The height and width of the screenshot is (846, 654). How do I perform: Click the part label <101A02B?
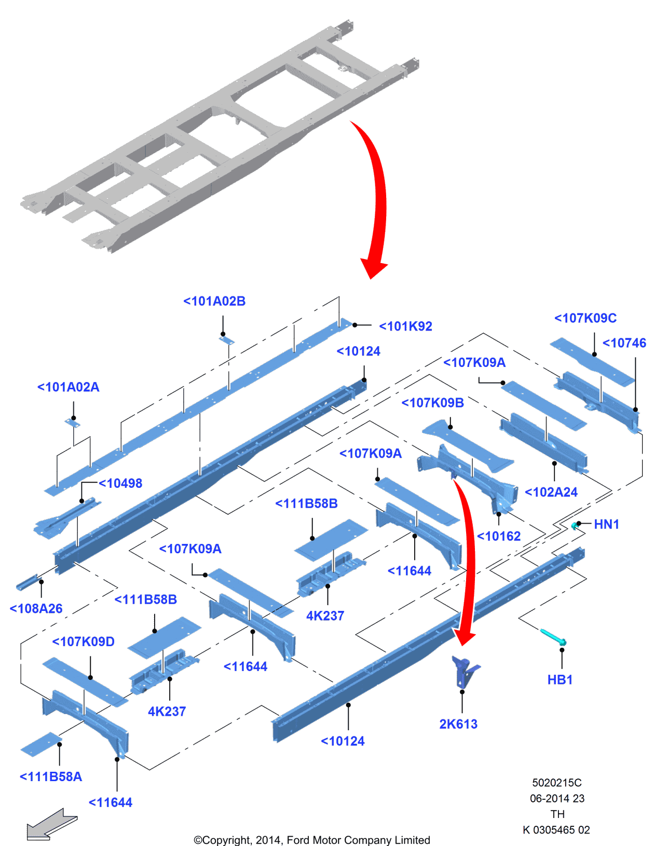(214, 302)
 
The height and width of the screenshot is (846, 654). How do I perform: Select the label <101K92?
(405, 326)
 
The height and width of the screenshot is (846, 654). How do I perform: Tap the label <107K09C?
(585, 318)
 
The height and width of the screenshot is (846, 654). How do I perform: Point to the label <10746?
(624, 343)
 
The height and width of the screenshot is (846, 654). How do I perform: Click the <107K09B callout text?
(432, 403)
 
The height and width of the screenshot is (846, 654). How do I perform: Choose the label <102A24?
(551, 492)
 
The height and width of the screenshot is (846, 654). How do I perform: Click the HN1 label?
(606, 524)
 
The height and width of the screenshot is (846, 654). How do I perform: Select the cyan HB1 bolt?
(553, 636)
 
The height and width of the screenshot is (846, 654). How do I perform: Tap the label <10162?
(498, 536)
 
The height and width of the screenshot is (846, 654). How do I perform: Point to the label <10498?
(120, 483)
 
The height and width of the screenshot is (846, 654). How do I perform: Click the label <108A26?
(36, 609)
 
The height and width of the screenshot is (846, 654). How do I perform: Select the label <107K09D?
(83, 642)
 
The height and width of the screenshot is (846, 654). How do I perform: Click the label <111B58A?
(50, 777)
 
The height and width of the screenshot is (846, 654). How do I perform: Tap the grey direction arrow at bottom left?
(51, 824)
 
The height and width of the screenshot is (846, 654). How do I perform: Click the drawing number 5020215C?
(556, 783)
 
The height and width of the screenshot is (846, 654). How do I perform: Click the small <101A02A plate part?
(73, 423)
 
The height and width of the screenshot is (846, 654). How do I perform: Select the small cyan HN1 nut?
(575, 526)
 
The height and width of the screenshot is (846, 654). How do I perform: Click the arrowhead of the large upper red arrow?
(373, 268)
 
